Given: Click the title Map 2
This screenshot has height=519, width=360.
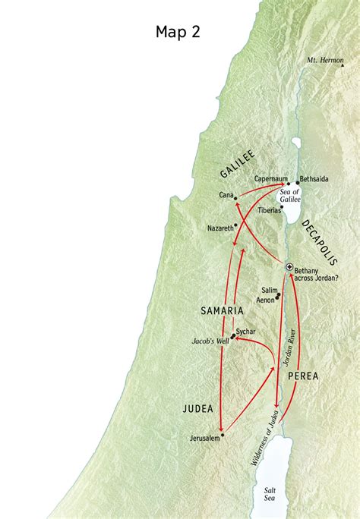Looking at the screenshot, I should point(180,31).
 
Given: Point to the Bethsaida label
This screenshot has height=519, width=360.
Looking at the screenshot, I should point(314,179).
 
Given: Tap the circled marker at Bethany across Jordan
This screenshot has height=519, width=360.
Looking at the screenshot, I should point(289,267).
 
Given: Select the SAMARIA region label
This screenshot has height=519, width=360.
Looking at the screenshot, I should point(222,311).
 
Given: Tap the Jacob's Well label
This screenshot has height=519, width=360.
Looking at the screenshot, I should point(210,341).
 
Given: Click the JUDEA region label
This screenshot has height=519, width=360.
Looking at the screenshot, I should point(199,410).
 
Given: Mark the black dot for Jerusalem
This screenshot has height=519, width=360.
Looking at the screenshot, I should point(223,435).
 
